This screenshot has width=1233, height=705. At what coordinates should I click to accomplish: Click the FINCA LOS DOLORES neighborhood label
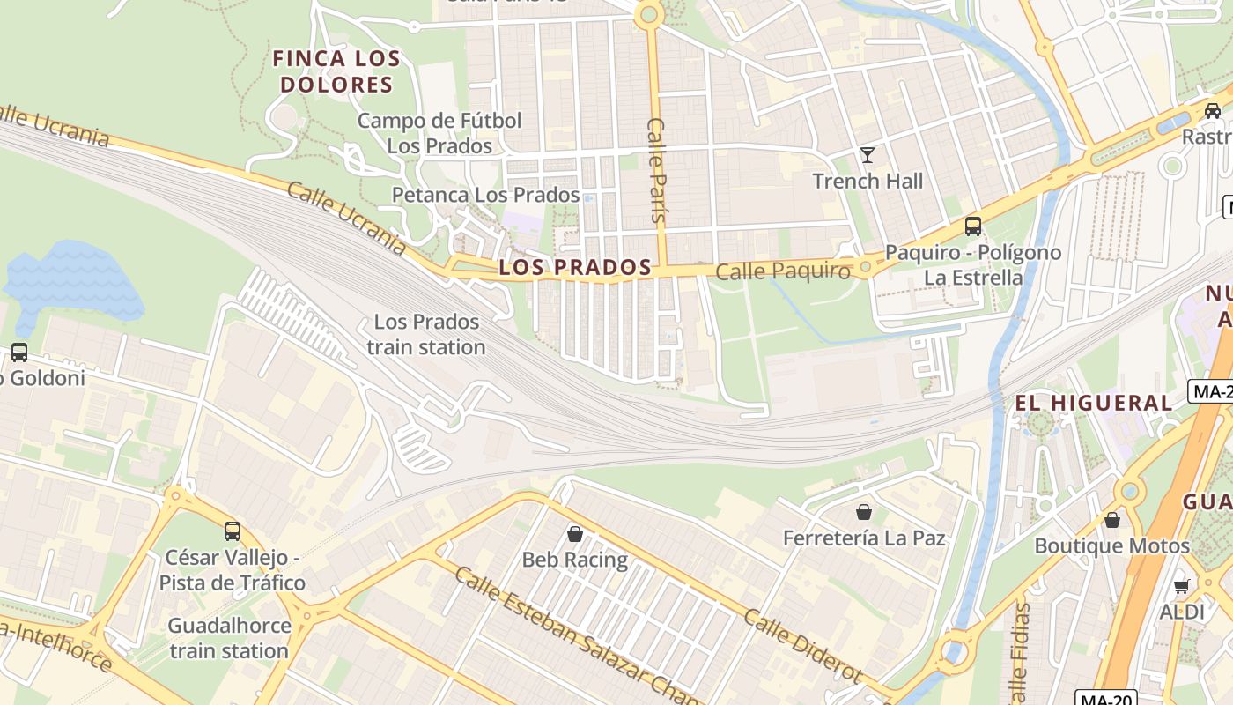click(x=336, y=72)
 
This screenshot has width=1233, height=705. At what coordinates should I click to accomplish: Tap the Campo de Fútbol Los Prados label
click(x=439, y=133)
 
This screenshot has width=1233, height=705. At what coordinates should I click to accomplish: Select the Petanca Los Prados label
click(x=485, y=195)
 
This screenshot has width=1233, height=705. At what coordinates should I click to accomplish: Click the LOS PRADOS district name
click(x=575, y=268)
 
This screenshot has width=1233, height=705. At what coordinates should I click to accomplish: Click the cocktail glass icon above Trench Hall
click(x=868, y=156)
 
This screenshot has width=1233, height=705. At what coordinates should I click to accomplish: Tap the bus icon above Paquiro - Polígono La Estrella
click(x=972, y=226)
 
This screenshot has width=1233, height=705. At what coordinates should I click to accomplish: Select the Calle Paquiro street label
click(x=783, y=271)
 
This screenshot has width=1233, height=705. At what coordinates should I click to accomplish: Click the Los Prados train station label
click(x=426, y=334)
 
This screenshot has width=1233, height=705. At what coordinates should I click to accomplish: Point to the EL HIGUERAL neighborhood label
click(x=1094, y=404)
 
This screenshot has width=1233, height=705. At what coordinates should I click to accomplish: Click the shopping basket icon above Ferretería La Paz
click(x=863, y=512)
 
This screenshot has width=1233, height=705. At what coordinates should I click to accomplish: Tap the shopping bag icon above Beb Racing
click(x=575, y=534)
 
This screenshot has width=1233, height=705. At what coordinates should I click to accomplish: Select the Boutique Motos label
click(x=1111, y=545)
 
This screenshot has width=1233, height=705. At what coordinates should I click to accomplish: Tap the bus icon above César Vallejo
click(x=233, y=531)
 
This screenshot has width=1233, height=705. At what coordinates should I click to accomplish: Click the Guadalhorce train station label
click(x=229, y=638)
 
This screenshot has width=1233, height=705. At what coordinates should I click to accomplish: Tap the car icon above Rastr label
click(x=1212, y=111)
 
